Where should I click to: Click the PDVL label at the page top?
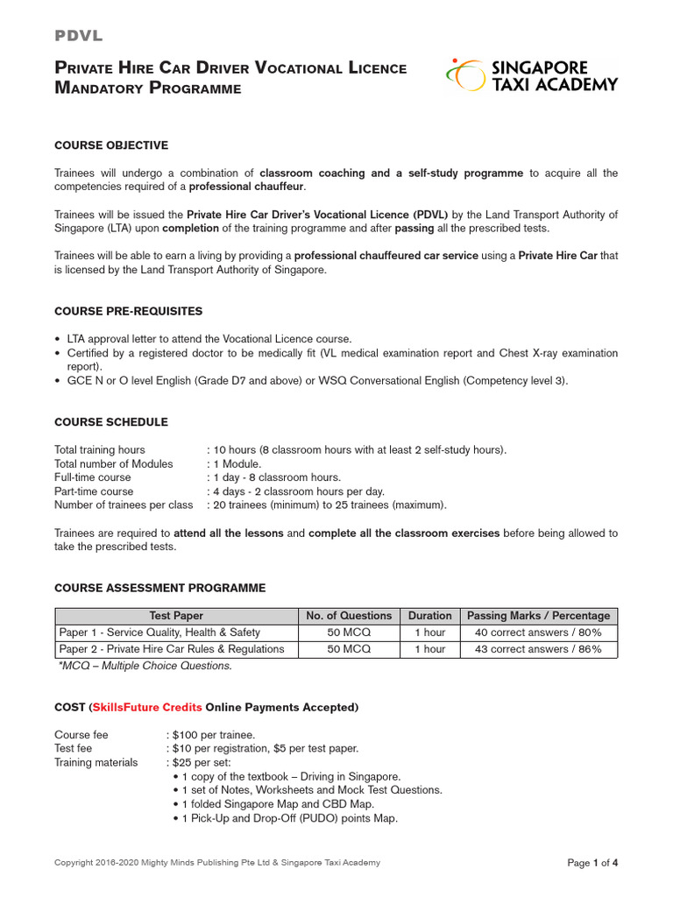coord(79,36)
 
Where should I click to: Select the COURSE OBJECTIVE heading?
coord(111,145)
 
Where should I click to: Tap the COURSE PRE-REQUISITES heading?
coord(128,311)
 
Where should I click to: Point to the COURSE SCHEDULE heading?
coord(111,422)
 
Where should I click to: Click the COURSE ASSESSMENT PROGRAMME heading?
coord(159,588)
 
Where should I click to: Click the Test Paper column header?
coord(176,616)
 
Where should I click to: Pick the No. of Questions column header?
coord(349,616)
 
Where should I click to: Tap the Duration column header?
coord(429,616)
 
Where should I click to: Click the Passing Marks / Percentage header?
coord(538,616)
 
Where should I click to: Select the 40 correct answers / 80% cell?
coord(538,632)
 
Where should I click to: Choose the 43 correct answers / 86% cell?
coord(538,649)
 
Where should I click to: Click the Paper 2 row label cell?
coord(172,649)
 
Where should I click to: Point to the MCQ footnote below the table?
coord(145,666)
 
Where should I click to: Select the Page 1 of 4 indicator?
coord(592,863)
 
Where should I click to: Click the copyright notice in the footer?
coord(217,863)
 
